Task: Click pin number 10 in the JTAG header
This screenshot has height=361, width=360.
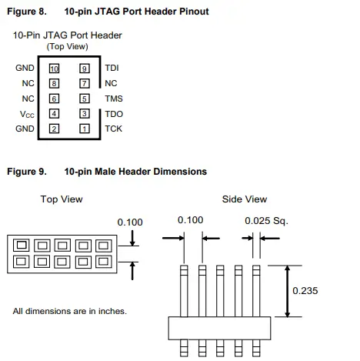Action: [x=54, y=68]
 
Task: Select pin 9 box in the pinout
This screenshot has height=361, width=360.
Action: [x=85, y=68]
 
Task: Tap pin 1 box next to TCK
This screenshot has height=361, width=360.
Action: [x=85, y=129]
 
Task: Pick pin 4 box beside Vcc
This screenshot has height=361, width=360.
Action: [x=54, y=113]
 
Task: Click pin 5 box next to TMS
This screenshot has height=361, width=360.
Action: [x=85, y=99]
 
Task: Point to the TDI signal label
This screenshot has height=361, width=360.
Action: [x=112, y=68]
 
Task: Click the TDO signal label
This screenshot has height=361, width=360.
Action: [x=114, y=113]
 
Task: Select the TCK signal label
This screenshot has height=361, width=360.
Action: [x=114, y=129]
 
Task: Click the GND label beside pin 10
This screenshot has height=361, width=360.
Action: [x=25, y=68]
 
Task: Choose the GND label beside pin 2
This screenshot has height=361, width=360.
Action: [x=25, y=129]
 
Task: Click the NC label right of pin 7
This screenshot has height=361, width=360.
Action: [x=111, y=83]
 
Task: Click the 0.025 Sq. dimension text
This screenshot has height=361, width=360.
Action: [x=265, y=221]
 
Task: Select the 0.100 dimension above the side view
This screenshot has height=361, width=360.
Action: [x=191, y=221]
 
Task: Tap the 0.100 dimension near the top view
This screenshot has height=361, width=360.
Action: [x=130, y=222]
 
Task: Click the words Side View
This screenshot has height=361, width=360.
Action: [x=244, y=199]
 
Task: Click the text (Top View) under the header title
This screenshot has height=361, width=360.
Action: [x=66, y=47]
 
